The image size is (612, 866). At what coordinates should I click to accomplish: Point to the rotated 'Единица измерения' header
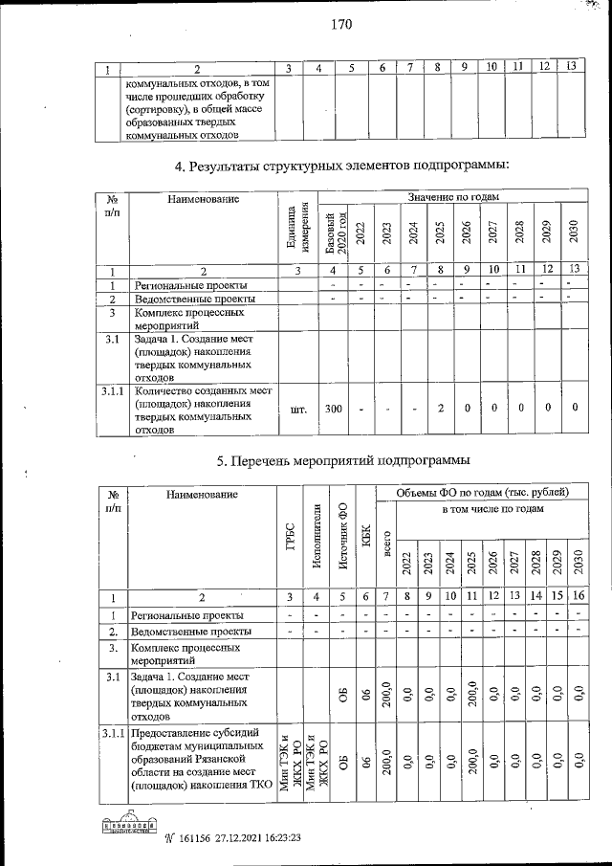pyautogui.click(x=297, y=229)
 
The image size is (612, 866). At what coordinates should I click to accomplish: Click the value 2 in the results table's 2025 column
pyautogui.click(x=439, y=409)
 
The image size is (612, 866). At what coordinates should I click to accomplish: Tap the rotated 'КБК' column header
pyautogui.click(x=366, y=542)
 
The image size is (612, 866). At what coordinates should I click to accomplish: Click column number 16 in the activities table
pyautogui.click(x=579, y=596)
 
